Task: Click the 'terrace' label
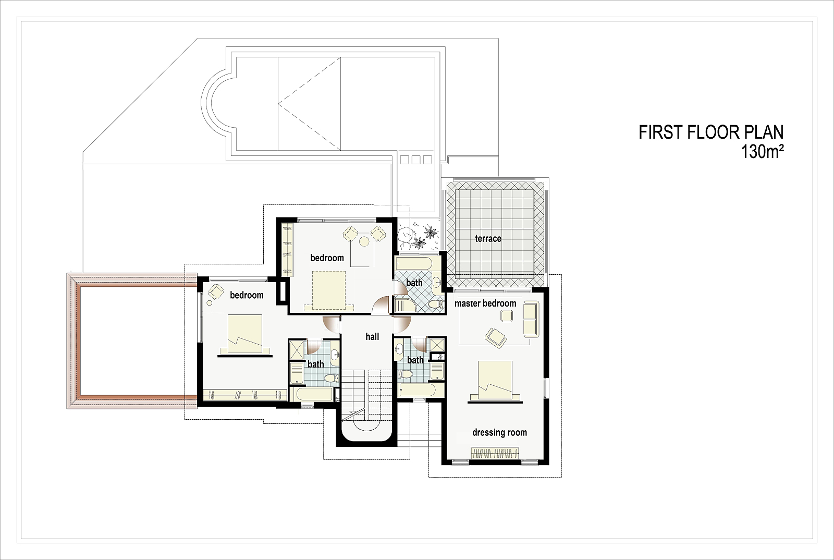point(488,238)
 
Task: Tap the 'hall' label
point(372,337)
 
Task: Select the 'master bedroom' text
point(485,303)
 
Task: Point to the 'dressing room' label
point(499,433)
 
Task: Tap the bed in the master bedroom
point(495,382)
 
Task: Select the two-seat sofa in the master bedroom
point(531,320)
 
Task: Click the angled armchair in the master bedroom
point(496,338)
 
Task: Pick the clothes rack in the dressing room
point(495,453)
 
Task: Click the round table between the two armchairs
point(364,241)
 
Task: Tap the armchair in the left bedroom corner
point(216,291)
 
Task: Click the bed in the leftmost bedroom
point(244,335)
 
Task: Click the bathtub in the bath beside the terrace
point(414,264)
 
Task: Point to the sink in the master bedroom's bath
point(399,350)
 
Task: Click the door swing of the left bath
point(313,347)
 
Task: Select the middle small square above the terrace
point(416,160)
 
